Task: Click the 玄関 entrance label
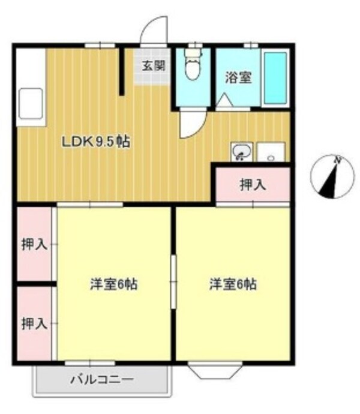tap(153, 66)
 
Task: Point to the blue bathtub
tap(275, 78)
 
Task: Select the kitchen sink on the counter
tap(30, 103)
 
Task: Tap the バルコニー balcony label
tap(101, 379)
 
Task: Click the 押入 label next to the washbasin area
tap(253, 185)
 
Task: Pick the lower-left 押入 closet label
tap(34, 325)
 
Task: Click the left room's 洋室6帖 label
tap(114, 284)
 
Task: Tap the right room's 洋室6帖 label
tap(233, 284)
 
